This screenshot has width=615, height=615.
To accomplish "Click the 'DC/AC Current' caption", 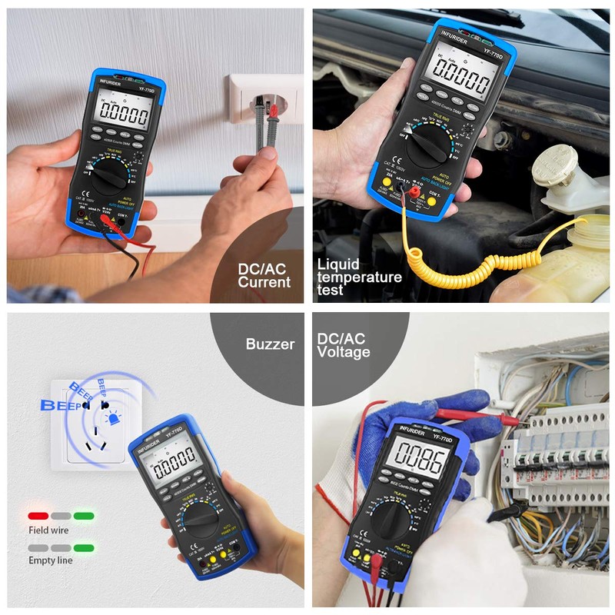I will (264, 275).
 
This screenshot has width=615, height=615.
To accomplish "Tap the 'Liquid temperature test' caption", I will (359, 278).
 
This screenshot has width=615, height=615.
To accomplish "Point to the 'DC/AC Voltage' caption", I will (344, 345).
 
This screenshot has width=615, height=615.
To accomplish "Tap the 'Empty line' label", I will (51, 560).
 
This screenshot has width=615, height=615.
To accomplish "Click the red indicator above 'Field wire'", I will (38, 516).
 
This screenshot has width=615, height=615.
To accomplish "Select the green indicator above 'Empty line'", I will (84, 547).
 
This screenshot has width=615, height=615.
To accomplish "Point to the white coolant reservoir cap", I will (554, 164).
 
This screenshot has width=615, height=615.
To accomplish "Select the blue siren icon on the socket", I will (114, 420).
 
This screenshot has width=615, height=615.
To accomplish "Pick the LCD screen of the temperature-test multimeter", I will (462, 77).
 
